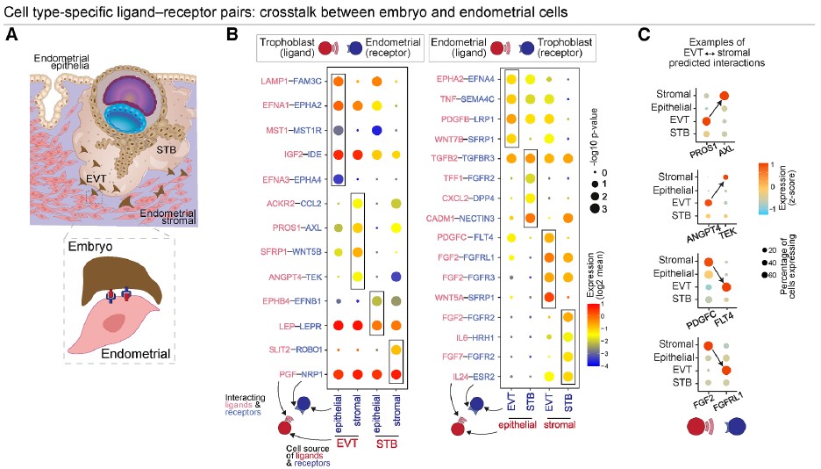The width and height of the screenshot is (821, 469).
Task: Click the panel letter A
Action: (11, 34)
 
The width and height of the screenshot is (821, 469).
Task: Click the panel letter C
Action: (644, 34)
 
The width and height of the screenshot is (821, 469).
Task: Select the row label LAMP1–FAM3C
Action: (284, 81)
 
